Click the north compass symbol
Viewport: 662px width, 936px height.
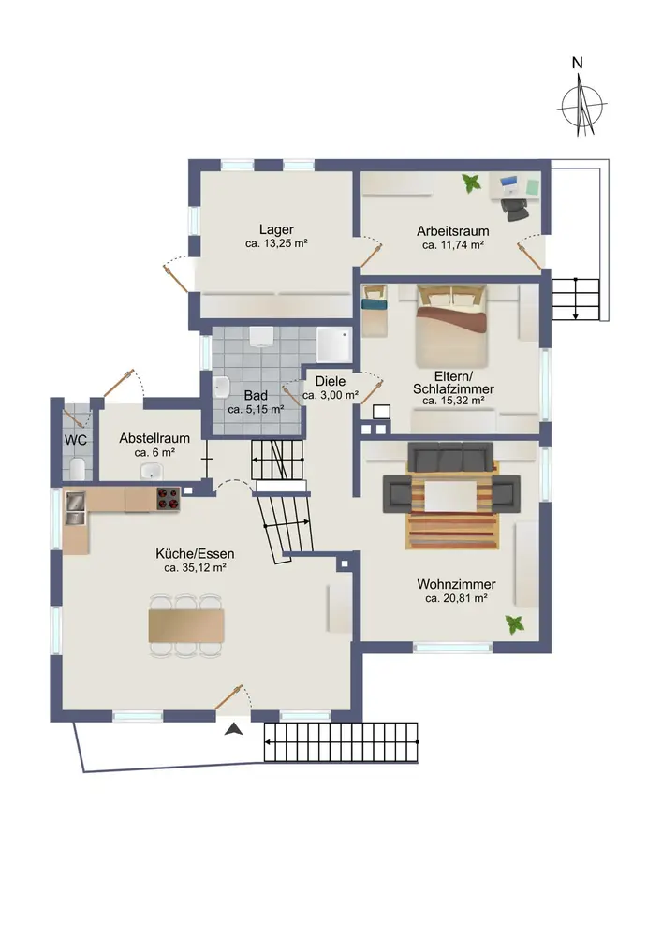point(581,108)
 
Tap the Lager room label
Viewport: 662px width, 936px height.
point(276,229)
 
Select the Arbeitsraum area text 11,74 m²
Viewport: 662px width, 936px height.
point(452,244)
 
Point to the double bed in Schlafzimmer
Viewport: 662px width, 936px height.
point(452,326)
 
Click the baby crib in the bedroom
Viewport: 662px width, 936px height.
point(375,310)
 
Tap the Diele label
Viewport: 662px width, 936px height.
point(331,381)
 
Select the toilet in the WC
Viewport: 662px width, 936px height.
point(78,469)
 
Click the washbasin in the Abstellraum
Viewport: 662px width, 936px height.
point(152,472)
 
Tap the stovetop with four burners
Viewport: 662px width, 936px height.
point(169,499)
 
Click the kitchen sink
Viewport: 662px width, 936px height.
point(76,507)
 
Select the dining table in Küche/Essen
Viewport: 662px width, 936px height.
point(186,625)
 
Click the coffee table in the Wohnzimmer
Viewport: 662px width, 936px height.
point(450,496)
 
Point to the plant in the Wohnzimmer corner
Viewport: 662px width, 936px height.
point(515,625)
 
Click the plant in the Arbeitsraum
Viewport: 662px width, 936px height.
point(472,183)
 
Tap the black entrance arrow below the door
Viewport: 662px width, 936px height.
point(234,729)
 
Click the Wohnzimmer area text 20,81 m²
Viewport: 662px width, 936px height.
point(456,598)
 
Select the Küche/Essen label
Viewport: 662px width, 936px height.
point(195,553)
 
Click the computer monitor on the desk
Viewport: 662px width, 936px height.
point(509,182)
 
